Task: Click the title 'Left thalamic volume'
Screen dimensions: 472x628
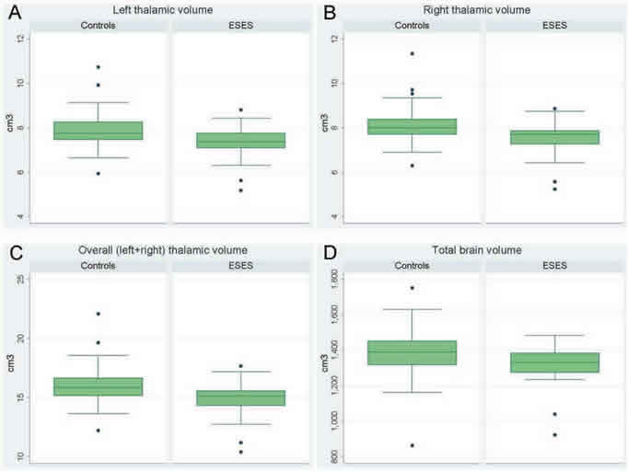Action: (x=166, y=9)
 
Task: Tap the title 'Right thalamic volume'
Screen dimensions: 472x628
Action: (x=479, y=9)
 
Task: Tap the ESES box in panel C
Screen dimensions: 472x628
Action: (x=241, y=397)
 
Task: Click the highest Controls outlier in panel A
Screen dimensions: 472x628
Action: (x=99, y=67)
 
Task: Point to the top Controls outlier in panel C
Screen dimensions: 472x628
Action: (x=99, y=314)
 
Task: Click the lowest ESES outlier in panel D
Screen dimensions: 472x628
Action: (x=555, y=434)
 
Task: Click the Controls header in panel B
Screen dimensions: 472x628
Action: (x=413, y=25)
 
